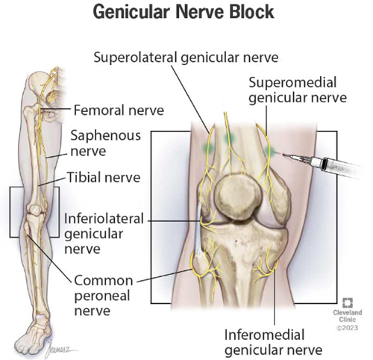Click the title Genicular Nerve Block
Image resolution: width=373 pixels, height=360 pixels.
[184, 12]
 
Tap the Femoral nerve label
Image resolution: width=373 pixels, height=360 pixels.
[119, 110]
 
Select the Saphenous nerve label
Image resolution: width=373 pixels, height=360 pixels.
[105, 143]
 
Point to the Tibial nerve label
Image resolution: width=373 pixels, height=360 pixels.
[104, 178]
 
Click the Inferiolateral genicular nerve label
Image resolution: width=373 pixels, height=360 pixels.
[104, 234]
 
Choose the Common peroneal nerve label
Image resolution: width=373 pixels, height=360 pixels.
[104, 295]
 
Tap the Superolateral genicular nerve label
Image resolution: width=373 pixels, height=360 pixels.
[186, 58]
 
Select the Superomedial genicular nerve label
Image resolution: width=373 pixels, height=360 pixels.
[298, 90]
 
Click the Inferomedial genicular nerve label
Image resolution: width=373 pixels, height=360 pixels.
[273, 342]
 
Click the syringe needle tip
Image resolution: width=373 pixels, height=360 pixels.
[283, 155]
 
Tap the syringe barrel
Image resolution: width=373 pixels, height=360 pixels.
[342, 167]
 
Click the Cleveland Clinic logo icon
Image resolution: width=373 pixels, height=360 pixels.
[348, 302]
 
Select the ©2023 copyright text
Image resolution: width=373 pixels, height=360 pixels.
[348, 327]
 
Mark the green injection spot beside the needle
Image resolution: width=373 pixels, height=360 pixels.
[269, 151]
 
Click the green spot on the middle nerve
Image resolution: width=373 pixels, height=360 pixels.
[229, 138]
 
